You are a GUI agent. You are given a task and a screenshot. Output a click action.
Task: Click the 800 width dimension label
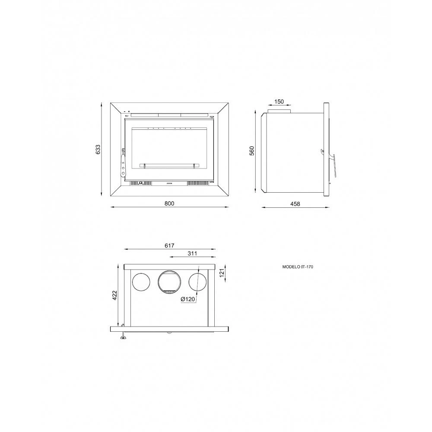[x=169, y=203]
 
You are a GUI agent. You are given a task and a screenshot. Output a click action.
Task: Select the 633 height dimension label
[x=98, y=149]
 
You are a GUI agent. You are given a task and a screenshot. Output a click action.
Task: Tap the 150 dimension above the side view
[x=279, y=102]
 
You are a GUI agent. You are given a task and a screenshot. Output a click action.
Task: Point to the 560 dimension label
[x=252, y=151]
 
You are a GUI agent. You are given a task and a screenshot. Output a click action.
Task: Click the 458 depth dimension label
[x=295, y=204]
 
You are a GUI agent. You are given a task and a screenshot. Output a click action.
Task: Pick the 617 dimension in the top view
[x=169, y=245]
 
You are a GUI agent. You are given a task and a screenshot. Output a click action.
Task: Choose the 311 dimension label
[x=192, y=253]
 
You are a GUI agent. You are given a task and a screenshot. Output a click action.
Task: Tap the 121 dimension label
[x=222, y=273]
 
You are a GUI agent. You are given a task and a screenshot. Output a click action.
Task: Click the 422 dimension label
[x=115, y=295]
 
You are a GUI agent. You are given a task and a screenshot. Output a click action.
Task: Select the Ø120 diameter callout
[x=188, y=299]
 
